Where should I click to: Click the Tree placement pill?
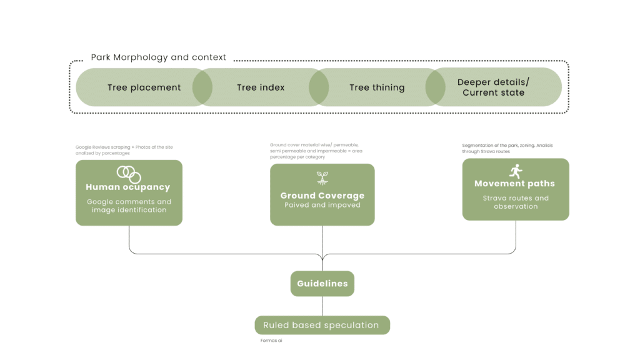(144, 87)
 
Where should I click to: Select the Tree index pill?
(261, 87)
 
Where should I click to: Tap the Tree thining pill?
(377, 87)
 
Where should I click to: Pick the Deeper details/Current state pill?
(494, 87)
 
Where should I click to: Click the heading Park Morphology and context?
(159, 57)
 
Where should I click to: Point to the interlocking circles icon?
(129, 174)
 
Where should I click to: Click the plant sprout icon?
(322, 178)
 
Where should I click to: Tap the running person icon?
(516, 171)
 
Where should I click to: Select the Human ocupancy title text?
(127, 187)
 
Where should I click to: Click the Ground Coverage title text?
(322, 196)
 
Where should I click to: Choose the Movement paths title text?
(514, 184)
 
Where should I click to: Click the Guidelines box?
(322, 284)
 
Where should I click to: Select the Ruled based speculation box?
(322, 325)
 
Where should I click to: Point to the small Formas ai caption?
(271, 341)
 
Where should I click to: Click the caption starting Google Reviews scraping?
(124, 150)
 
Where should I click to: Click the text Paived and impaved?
(322, 205)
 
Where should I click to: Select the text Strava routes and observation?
(516, 202)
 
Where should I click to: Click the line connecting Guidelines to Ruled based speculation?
(322, 306)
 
